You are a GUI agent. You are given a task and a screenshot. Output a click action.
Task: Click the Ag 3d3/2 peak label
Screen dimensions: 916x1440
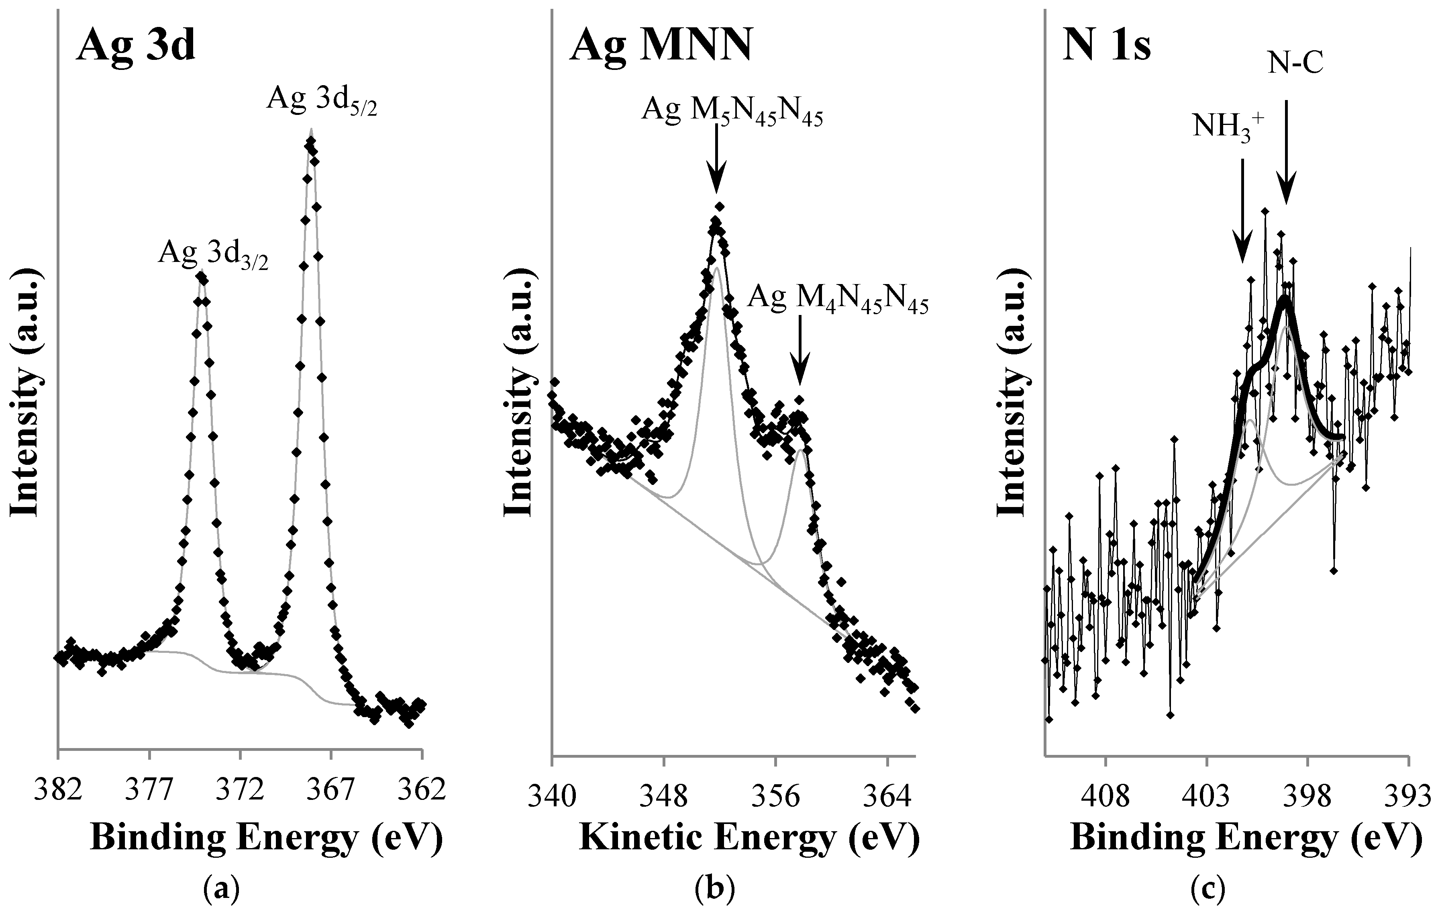[213, 256]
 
